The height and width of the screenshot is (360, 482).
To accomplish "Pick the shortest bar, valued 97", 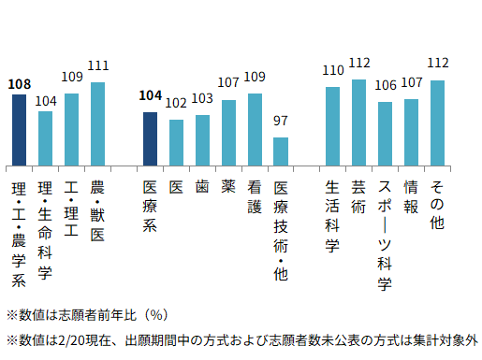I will [281, 151].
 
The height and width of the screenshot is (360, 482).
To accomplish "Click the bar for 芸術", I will [358, 122].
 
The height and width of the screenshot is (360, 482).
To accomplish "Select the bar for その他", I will [437, 122].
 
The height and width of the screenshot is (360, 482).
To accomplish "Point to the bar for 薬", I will [228, 132].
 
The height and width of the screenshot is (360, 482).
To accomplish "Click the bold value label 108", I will [19, 84].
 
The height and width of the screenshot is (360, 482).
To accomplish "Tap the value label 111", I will [97, 65].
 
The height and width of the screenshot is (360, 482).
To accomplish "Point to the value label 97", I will [281, 121].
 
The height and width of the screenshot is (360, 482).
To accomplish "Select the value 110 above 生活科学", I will [332, 70].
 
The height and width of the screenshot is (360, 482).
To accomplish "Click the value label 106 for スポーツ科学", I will [385, 85].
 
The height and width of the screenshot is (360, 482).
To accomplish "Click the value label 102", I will [176, 103].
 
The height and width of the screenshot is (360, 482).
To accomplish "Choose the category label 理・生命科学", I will [45, 229].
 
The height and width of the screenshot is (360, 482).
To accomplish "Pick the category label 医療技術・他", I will [281, 229].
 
